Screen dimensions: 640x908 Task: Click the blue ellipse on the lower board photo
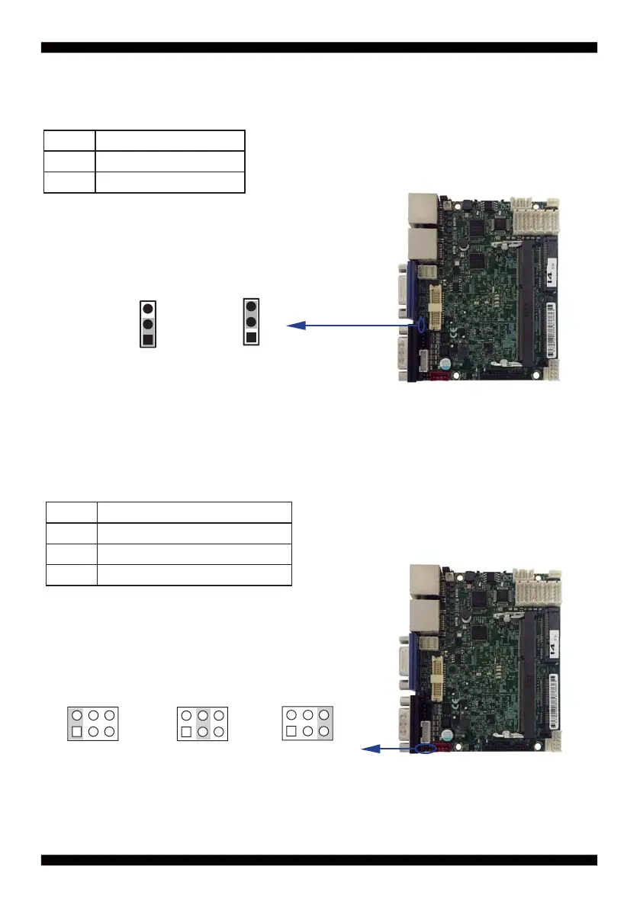click(427, 749)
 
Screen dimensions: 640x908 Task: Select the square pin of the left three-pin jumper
click(148, 338)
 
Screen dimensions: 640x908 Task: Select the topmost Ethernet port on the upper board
click(422, 209)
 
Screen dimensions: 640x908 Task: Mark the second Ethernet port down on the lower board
click(422, 617)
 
